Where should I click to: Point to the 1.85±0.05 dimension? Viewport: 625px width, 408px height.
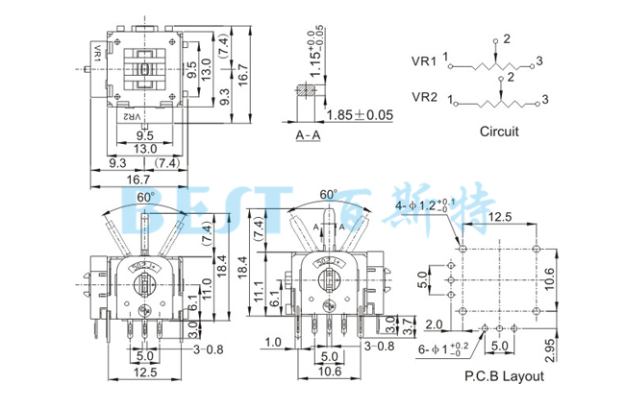pos(361,115)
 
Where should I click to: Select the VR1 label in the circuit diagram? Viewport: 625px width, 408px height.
pos(425,60)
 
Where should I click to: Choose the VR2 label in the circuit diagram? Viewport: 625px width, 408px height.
pos(425,97)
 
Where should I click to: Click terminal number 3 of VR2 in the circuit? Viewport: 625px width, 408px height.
pos(545,98)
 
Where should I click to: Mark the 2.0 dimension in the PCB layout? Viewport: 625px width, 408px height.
pos(434,324)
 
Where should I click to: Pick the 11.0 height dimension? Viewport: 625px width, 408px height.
pos(205,285)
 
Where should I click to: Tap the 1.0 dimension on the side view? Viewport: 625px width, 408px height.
pos(272,342)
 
